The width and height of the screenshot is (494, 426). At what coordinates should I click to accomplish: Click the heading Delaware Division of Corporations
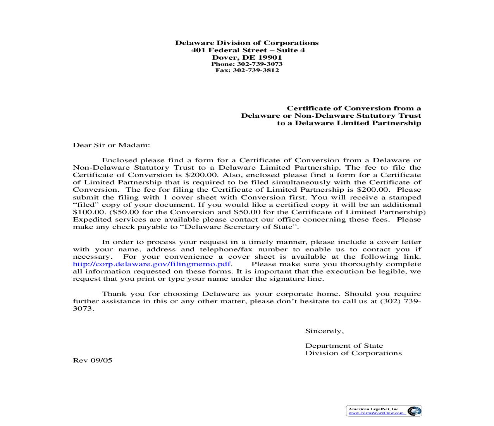[247, 43]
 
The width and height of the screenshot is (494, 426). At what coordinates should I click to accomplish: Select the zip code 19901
[270, 58]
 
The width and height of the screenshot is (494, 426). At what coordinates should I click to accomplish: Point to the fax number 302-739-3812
[256, 70]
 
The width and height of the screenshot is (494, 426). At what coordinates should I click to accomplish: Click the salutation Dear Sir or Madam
[111, 145]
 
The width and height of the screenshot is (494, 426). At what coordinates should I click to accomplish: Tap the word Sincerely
[324, 331]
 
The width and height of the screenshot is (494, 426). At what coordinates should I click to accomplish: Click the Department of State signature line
[344, 346]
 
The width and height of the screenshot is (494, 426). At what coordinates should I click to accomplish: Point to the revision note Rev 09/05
[93, 361]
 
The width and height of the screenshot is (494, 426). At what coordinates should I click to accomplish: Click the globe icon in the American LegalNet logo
[415, 411]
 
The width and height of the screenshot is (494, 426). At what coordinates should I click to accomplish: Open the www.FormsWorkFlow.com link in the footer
[377, 413]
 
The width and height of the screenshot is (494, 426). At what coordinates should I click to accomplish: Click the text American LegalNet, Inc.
[374, 409]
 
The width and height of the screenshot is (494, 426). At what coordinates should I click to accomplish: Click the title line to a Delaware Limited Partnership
[349, 123]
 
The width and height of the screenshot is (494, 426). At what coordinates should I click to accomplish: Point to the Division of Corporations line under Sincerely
[353, 353]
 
